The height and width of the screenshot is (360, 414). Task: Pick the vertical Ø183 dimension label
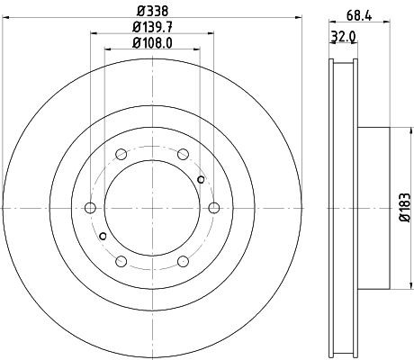[x=406, y=208]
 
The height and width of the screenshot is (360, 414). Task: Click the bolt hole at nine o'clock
[x=89, y=208]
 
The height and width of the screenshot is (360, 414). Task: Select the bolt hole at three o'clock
[x=214, y=208]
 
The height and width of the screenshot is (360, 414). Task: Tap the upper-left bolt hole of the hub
[x=121, y=154]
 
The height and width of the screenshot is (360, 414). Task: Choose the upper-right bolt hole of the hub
[x=183, y=154]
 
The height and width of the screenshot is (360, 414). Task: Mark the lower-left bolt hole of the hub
[x=121, y=262]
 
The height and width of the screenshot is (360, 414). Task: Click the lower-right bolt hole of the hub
[x=183, y=262]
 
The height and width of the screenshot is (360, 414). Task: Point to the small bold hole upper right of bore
[x=201, y=180]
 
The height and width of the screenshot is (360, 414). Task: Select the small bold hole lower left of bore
[x=103, y=237]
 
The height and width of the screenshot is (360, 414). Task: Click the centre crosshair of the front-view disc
[x=151, y=208]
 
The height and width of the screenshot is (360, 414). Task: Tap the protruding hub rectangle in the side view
[x=376, y=208]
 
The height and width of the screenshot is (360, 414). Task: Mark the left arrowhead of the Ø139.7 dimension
[x=91, y=36]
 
